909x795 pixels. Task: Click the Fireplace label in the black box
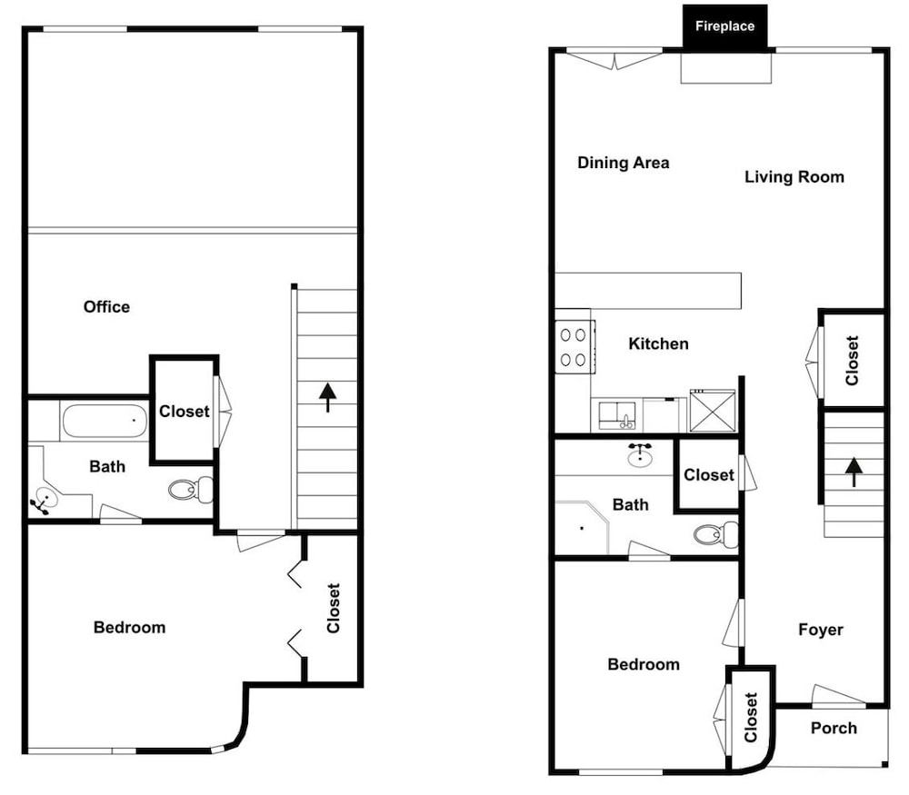pyautogui.click(x=724, y=26)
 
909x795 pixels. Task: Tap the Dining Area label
pyautogui.click(x=624, y=163)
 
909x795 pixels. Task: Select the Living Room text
pyautogui.click(x=794, y=177)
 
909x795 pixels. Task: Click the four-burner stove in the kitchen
pyautogui.click(x=574, y=347)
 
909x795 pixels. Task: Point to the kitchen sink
pyautogui.click(x=617, y=415)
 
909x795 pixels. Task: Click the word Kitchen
pyautogui.click(x=658, y=343)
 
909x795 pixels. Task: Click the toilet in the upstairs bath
pyautogui.click(x=191, y=490)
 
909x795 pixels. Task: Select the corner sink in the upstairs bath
pyautogui.click(x=44, y=500)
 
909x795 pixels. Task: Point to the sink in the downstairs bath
pyautogui.click(x=640, y=455)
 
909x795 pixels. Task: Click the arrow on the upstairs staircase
pyautogui.click(x=327, y=397)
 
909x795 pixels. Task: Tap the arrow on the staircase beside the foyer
pyautogui.click(x=854, y=472)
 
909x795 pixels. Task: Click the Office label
pyautogui.click(x=106, y=306)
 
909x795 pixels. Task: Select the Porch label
pyautogui.click(x=834, y=728)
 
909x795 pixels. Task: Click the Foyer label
pyautogui.click(x=821, y=630)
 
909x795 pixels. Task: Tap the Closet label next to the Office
pyautogui.click(x=185, y=412)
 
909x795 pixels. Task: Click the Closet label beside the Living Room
pyautogui.click(x=852, y=361)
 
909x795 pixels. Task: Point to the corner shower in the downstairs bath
pyautogui.click(x=582, y=527)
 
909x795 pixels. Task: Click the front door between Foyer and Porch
pyautogui.click(x=839, y=696)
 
